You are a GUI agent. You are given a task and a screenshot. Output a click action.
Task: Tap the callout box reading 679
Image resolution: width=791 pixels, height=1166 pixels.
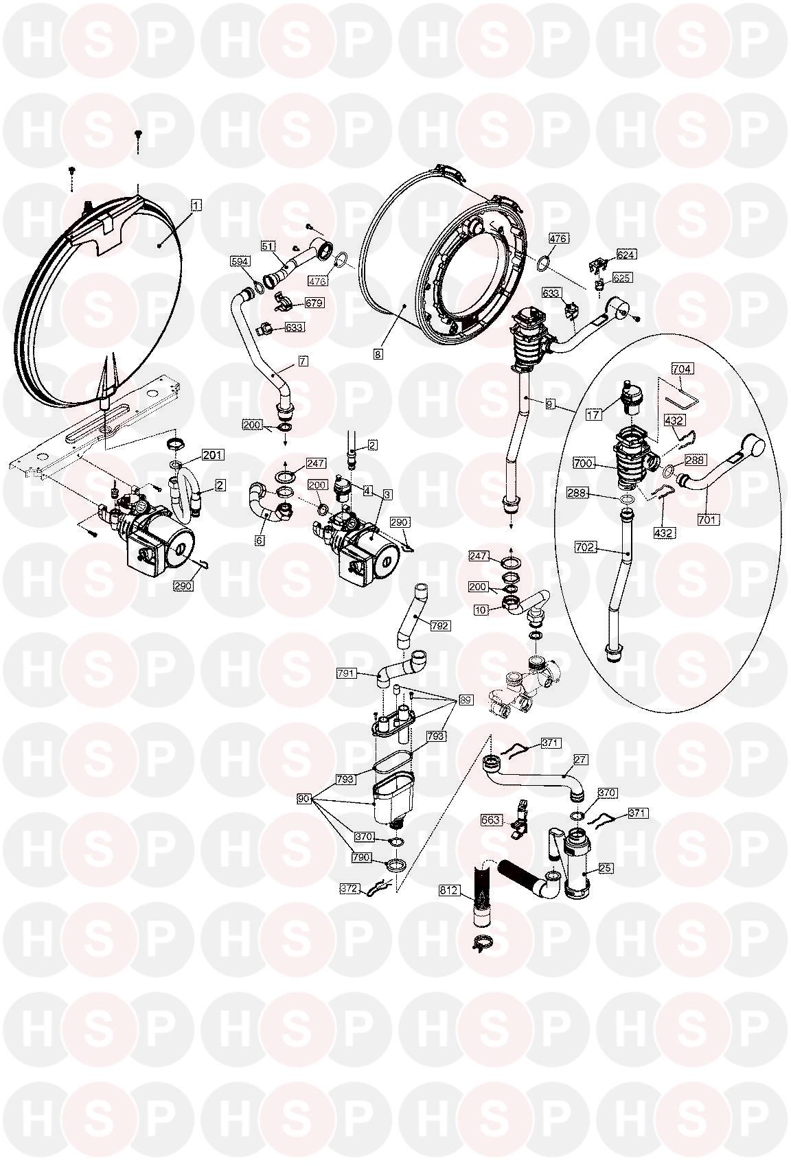pos(314,303)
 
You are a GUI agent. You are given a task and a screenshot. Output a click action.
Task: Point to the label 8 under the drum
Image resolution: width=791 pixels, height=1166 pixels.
pos(378,354)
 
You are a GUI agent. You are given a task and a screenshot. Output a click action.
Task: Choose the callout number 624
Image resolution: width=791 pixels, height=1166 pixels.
pos(626,255)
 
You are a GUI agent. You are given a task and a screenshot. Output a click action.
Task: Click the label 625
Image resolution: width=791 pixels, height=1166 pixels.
pos(622,278)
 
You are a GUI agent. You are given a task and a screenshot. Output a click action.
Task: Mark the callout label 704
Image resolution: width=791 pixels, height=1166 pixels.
pos(682,369)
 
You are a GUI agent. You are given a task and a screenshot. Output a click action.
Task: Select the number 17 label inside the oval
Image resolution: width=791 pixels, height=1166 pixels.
pos(594,415)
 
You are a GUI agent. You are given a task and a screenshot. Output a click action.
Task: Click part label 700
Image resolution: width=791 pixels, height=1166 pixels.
pos(583,463)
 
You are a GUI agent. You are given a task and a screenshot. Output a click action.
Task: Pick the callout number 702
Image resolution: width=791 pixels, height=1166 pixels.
pos(586,547)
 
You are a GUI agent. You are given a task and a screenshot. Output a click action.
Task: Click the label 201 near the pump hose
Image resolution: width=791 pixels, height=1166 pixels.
pos(212,455)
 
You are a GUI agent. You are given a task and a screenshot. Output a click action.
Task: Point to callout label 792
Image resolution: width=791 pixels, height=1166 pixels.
pos(440,626)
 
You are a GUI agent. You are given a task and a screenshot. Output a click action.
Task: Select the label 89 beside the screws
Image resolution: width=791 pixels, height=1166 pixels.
pos(465,700)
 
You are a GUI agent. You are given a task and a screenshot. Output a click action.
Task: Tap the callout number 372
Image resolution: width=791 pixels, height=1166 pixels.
pos(350,889)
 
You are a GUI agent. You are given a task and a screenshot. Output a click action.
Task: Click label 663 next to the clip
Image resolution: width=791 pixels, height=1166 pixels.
pos(491,820)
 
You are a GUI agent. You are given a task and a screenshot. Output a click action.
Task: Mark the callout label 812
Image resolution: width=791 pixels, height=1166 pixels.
pos(448,890)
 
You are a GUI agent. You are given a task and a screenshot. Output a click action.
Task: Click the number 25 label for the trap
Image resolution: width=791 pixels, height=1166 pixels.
pos(606,867)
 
